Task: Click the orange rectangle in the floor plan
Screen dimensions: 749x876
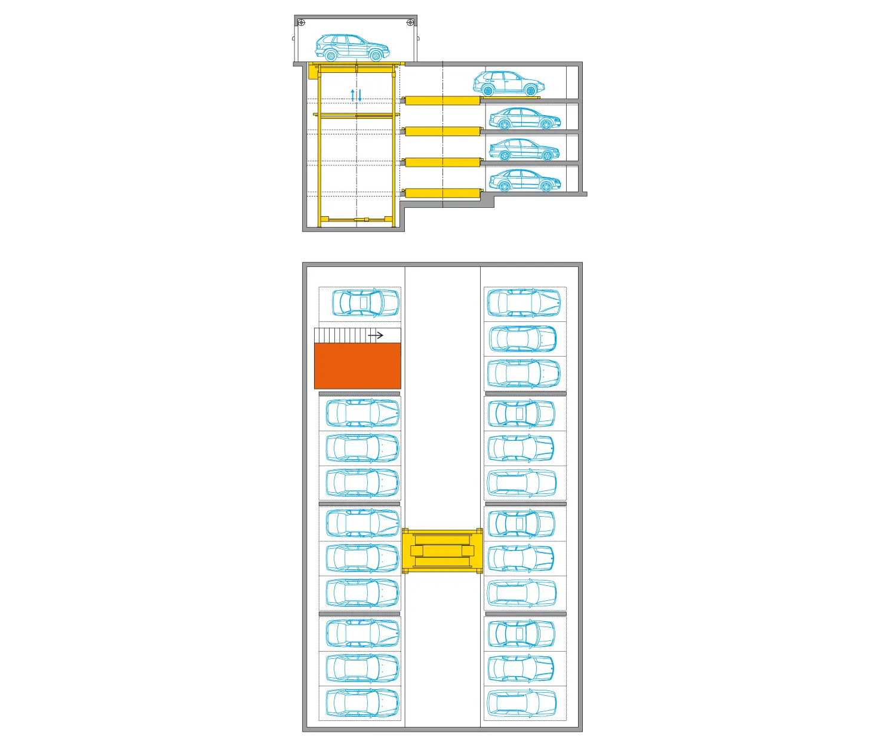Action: tap(357, 366)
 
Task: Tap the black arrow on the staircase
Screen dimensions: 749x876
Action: tap(376, 335)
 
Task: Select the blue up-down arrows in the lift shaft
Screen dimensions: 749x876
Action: tap(356, 94)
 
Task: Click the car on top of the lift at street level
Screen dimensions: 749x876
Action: tap(352, 48)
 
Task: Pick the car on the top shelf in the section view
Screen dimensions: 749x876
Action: tap(509, 84)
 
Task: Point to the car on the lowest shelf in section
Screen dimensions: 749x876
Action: tap(524, 180)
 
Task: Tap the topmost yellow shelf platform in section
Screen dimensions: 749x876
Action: tap(442, 100)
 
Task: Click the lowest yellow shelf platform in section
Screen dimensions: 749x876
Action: tap(442, 193)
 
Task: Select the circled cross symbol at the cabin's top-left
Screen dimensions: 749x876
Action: tap(301, 23)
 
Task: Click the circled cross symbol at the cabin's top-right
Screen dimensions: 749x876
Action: tap(410, 23)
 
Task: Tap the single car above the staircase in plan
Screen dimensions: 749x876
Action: tap(365, 303)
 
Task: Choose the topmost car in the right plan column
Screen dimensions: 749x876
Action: tap(524, 303)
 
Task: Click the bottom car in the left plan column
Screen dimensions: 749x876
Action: tap(362, 703)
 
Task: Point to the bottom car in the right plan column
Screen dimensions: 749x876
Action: tap(522, 703)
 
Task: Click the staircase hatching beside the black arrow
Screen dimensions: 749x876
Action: tap(340, 335)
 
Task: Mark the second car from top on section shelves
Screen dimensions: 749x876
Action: tap(524, 119)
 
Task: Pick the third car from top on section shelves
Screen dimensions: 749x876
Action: tap(524, 150)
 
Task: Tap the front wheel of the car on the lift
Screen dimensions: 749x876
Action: tap(376, 56)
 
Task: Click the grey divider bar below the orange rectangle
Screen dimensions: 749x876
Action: tap(359, 394)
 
